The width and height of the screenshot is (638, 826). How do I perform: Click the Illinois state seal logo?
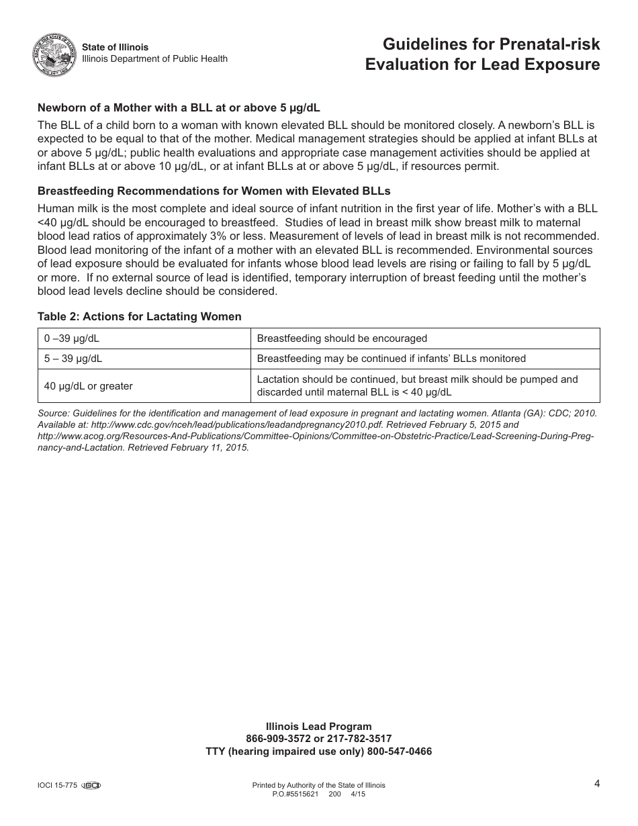pos(54,54)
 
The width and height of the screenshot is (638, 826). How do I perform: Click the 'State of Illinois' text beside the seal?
pos(115,47)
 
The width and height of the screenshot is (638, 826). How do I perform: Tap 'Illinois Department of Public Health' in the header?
pos(154,59)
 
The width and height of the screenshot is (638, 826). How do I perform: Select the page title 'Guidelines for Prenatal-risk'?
pos(491,45)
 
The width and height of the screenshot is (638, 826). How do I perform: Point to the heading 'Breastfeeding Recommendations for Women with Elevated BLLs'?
pos(214,191)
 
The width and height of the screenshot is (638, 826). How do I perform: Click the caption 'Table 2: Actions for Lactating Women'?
pos(139,317)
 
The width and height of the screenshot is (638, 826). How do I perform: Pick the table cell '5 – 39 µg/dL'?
pos(73,359)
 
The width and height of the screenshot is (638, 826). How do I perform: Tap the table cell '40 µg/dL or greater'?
pos(88,386)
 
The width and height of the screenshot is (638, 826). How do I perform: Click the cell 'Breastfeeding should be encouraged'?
pos(342,338)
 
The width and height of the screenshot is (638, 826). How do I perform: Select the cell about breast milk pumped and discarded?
pos(416,386)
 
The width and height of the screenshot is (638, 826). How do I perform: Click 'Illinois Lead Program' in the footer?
pos(318,727)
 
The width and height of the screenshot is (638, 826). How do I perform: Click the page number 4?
pos(596,783)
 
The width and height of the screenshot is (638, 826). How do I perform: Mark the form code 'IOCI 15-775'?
pos(58,785)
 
